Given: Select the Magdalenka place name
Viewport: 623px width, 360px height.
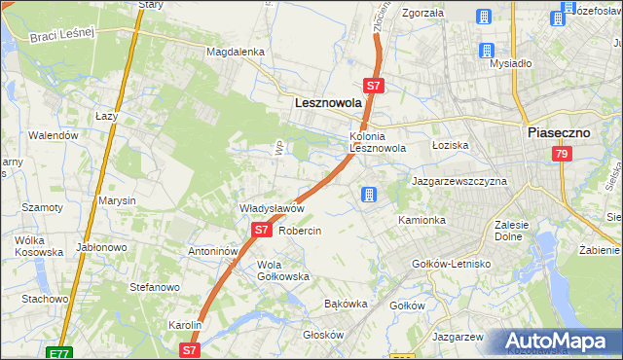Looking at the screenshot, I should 236,52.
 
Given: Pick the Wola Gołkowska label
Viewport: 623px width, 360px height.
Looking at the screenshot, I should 282,270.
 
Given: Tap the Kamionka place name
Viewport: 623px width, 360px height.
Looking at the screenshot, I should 421,221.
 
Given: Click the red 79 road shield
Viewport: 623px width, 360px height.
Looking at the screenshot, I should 561,154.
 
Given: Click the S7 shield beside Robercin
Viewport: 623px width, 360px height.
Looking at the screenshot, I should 261,231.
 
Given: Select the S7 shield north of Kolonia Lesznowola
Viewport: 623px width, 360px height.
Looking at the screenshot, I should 375,86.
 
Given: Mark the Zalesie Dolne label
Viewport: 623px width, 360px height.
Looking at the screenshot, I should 511,230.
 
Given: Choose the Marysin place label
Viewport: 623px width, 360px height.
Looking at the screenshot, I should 117,200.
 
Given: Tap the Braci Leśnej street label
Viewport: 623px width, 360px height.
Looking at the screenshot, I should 59,34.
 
